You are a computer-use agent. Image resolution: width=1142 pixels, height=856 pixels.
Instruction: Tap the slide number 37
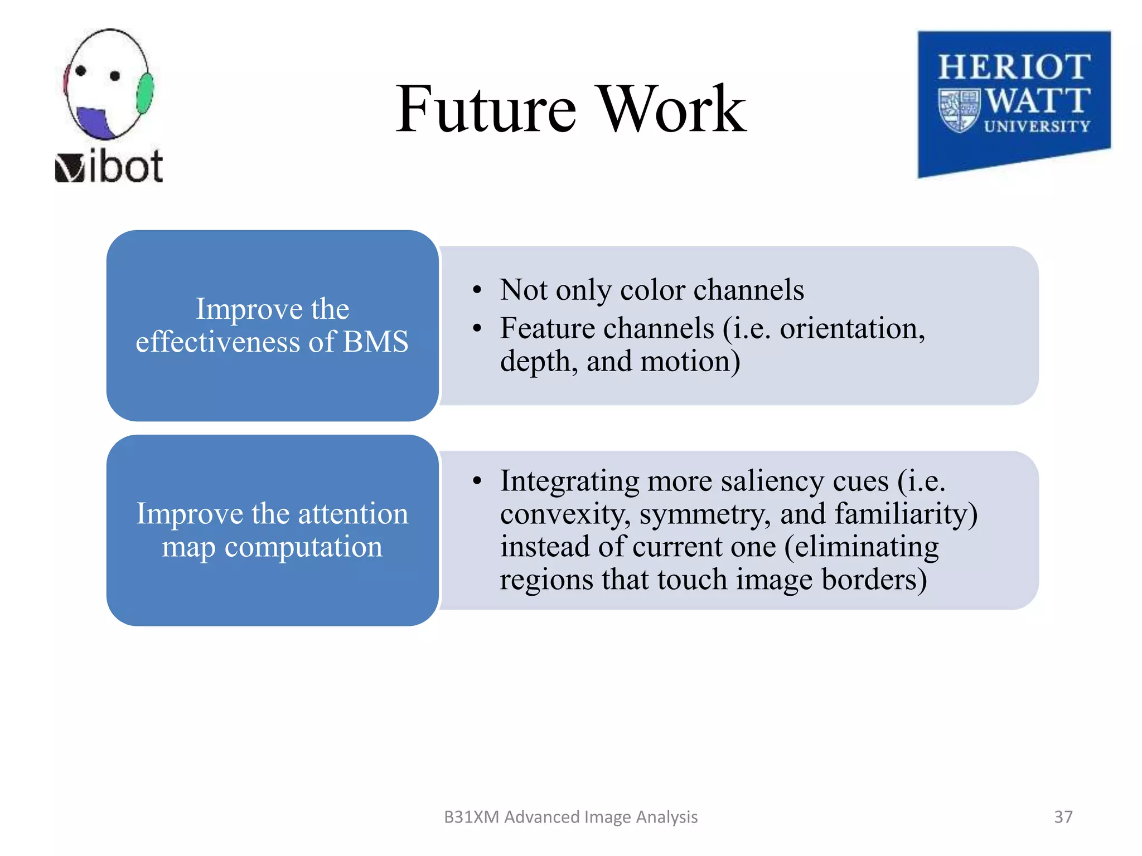[1063, 816]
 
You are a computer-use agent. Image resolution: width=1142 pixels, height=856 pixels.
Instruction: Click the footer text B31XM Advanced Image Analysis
[570, 816]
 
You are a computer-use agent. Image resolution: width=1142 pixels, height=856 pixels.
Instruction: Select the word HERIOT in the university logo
[1014, 67]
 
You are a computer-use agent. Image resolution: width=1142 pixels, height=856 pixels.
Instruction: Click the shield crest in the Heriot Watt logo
[959, 110]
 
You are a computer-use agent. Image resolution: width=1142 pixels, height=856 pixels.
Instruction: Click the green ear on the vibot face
[145, 93]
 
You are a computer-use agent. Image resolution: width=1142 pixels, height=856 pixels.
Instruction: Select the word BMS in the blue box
[375, 342]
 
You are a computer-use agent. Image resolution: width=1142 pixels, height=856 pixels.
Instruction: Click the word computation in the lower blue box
[303, 547]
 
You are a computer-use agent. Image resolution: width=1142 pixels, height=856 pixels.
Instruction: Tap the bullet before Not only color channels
[476, 290]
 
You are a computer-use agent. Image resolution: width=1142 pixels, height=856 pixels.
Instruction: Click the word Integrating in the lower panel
[569, 481]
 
